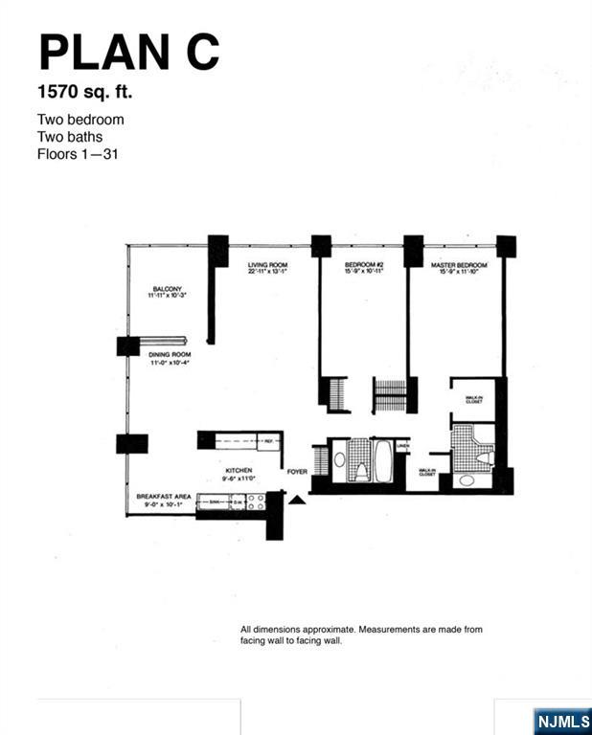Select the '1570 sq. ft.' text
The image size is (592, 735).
click(84, 93)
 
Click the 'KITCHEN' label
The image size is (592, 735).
click(239, 471)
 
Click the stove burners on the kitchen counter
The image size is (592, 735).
click(256, 500)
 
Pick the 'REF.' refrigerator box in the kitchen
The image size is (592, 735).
click(269, 441)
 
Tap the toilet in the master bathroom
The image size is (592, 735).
click(486, 459)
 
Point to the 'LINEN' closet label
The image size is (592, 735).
click(402, 445)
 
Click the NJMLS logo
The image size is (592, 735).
click(561, 720)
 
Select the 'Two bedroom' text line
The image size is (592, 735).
click(80, 121)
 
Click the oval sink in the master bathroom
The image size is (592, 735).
click(467, 480)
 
